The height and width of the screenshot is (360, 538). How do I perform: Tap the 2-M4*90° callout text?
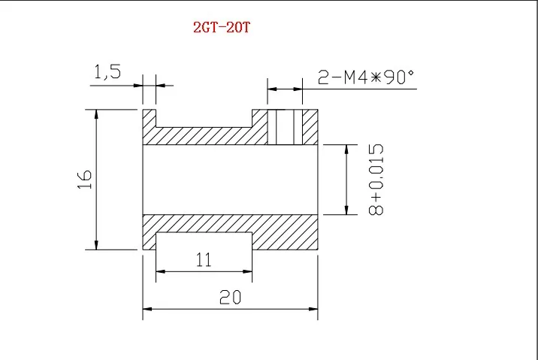(366, 77)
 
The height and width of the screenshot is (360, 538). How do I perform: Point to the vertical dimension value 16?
(84, 179)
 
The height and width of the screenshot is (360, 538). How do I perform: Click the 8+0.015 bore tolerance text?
(376, 179)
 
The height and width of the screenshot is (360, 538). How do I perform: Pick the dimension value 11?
(203, 261)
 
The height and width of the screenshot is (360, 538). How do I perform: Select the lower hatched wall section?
(231, 225)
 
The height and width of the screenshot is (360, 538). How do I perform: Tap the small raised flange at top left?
(149, 117)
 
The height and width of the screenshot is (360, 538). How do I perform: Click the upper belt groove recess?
(203, 118)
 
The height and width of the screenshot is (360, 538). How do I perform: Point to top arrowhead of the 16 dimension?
(96, 113)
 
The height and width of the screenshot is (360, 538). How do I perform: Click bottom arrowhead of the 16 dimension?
(96, 244)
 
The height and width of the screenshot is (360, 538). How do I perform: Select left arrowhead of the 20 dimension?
(148, 308)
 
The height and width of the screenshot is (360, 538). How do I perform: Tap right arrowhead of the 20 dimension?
(314, 308)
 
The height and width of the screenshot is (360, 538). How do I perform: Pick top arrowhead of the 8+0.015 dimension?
(346, 149)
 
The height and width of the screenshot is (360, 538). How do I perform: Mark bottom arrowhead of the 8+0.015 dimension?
(346, 210)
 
